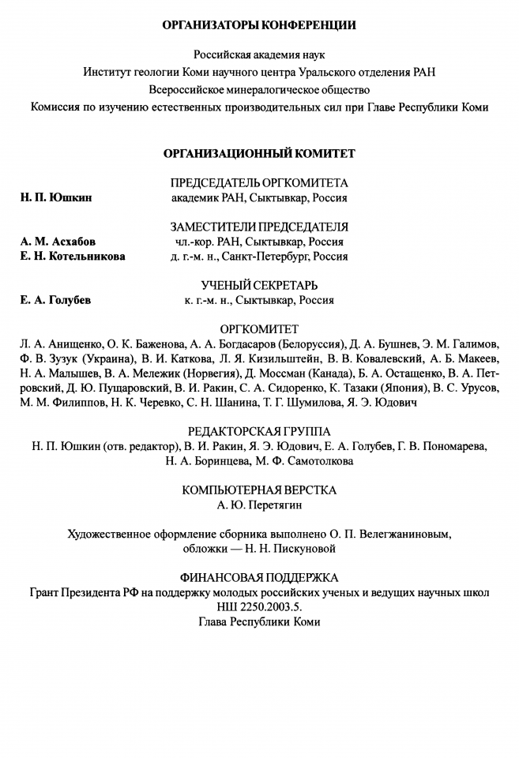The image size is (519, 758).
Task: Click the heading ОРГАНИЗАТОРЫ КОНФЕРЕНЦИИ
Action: click(259, 25)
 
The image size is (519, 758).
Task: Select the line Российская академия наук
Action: click(259, 55)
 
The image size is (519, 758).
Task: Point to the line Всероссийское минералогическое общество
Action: click(259, 89)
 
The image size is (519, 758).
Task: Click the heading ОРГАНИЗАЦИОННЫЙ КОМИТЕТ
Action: click(259, 153)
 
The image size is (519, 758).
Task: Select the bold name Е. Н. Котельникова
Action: click(73, 257)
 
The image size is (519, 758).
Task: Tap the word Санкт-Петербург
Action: click(267, 257)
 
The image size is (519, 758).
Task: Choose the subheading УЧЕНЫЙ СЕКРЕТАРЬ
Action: click(259, 285)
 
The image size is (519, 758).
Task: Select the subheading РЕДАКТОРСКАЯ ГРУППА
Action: click(259, 431)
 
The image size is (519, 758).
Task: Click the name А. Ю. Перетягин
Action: click(259, 505)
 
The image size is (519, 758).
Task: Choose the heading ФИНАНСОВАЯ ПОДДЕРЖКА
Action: click(259, 577)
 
